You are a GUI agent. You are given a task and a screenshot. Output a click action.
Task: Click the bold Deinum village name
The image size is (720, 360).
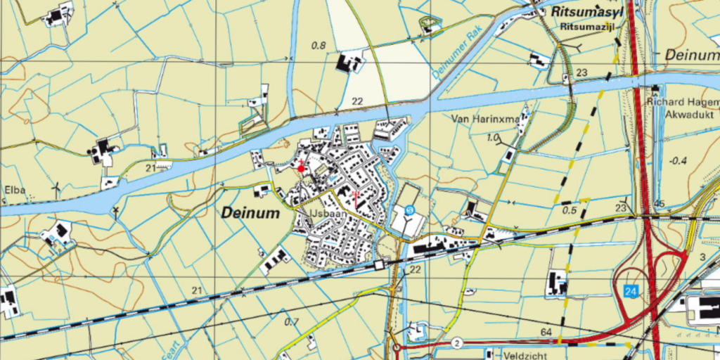[251, 212]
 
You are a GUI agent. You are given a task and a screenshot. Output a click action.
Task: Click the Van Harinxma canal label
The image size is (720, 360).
[486, 119]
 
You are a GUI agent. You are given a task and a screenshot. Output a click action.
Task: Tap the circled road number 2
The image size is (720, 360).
[457, 342]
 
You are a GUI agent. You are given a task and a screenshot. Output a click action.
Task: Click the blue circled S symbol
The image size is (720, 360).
[409, 210]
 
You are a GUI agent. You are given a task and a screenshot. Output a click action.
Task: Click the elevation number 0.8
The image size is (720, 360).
[319, 46]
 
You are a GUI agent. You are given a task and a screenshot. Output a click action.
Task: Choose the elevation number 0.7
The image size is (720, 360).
[291, 322]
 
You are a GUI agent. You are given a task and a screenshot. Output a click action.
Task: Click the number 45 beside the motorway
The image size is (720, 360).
[660, 205]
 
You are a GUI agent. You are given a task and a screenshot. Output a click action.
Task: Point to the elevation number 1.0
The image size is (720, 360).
[493, 137]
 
